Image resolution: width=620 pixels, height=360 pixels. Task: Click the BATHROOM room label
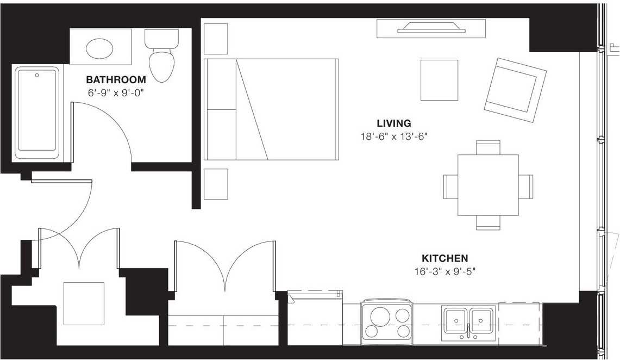click(116, 80)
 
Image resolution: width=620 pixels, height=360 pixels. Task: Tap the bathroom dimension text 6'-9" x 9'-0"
click(116, 93)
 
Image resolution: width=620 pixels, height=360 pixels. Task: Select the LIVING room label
click(394, 123)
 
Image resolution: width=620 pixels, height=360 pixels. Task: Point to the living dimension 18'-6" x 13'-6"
click(394, 136)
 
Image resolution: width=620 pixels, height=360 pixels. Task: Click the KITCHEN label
click(445, 259)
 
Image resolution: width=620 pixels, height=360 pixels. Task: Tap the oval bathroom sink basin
click(99, 48)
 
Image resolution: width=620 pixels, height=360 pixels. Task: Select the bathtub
click(37, 112)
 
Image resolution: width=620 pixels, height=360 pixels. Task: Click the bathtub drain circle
click(37, 75)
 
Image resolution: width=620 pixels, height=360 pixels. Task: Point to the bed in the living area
click(271, 109)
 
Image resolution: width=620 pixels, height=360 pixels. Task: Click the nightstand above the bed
click(216, 39)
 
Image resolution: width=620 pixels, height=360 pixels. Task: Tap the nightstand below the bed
click(216, 184)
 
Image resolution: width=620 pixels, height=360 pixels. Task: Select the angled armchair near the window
click(515, 90)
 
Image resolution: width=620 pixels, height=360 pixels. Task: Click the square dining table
click(488, 185)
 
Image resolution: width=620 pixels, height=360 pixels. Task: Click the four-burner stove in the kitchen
click(386, 322)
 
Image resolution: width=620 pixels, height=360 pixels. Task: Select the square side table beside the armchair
click(439, 80)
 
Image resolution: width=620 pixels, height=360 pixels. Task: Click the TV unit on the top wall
click(431, 28)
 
